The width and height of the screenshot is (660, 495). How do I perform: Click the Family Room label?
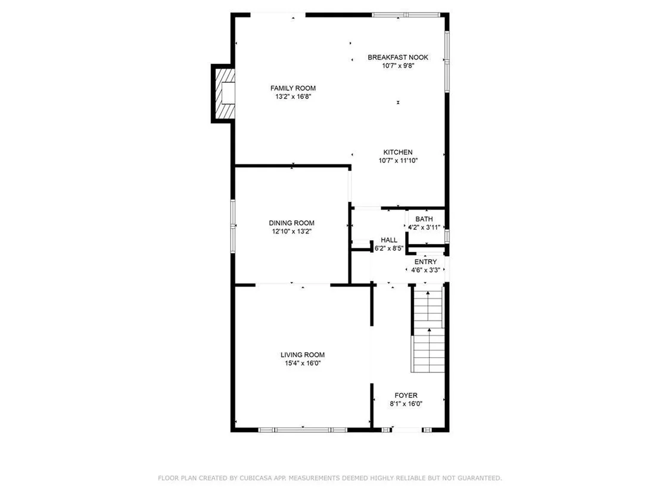(x=293, y=88)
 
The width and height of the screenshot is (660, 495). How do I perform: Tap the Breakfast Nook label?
(x=398, y=57)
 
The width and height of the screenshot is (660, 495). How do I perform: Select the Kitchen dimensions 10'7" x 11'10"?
(x=398, y=160)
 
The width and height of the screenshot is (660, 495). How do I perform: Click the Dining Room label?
(x=292, y=223)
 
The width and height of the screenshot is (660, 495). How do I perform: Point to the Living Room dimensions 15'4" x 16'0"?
(x=303, y=363)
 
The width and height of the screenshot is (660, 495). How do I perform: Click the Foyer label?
(x=406, y=396)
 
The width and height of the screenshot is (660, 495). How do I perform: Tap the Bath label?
(x=424, y=219)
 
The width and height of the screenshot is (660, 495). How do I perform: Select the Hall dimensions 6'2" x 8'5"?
(x=389, y=248)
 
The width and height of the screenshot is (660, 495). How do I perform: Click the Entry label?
(x=425, y=262)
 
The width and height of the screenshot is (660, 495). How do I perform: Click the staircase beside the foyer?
(x=428, y=329)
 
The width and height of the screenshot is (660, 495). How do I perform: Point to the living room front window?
(x=303, y=429)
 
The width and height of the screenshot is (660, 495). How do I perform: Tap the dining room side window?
(x=233, y=226)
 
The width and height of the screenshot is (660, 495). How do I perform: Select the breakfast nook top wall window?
(x=406, y=15)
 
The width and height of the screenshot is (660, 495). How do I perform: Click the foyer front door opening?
(x=406, y=429)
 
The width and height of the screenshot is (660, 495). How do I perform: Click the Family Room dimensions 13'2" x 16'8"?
(x=293, y=96)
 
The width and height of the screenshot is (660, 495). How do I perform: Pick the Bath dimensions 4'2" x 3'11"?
(x=424, y=228)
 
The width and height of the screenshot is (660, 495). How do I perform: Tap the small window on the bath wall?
(x=447, y=236)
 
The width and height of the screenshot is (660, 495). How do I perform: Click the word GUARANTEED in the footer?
(x=478, y=478)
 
